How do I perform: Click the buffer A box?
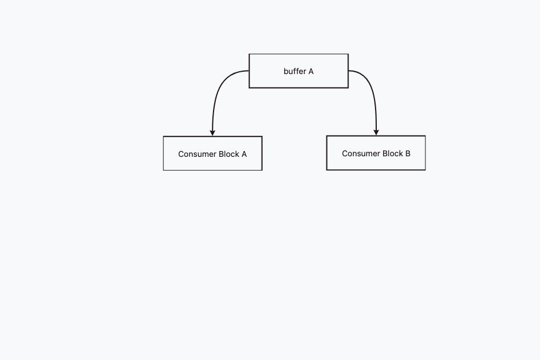click(299, 71)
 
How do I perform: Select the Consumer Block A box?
click(212, 153)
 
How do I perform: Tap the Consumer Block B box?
click(376, 153)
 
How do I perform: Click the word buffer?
click(295, 71)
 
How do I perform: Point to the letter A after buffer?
click(311, 71)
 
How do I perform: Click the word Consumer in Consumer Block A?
click(197, 154)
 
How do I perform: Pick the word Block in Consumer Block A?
click(229, 154)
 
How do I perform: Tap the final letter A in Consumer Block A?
click(244, 154)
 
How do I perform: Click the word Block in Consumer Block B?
click(392, 153)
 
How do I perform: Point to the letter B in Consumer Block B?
click(408, 153)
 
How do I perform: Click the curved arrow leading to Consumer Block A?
click(217, 90)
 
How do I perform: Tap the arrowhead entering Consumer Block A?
click(212, 133)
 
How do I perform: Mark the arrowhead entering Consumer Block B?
click(376, 133)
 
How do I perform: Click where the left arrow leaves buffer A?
click(249, 71)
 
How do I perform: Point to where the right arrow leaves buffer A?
click(348, 71)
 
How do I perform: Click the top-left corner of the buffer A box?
click(249, 54)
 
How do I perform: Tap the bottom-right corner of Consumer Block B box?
click(425, 170)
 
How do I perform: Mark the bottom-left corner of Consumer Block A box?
click(163, 171)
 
